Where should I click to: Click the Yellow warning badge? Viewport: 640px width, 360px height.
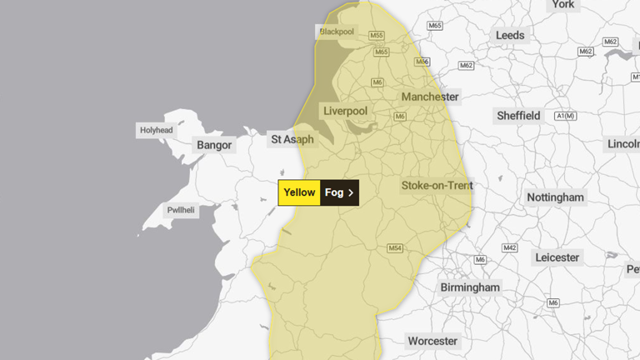pos(299,192)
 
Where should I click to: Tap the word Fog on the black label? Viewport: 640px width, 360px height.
pos(333,192)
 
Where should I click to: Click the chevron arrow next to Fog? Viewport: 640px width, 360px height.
pos(351,192)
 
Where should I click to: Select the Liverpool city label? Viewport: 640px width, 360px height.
pos(344,111)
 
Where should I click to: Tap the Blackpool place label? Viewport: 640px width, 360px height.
pos(336,32)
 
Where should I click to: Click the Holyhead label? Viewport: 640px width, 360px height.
pos(157,130)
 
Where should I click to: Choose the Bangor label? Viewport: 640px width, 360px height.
pos(214,145)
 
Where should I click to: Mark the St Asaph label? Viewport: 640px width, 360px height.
pos(292,139)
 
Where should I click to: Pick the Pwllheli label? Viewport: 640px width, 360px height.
pos(180,211)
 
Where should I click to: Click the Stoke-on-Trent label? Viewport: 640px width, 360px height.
pos(437,185)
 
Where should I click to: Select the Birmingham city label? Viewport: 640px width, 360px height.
pos(471,287)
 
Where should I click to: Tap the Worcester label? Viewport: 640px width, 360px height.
pos(432,341)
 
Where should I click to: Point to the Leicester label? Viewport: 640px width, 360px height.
pos(557,257)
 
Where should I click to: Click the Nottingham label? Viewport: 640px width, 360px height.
pos(555,197)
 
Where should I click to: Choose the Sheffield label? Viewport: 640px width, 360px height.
pos(517,115)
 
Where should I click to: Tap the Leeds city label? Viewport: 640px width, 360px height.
pos(510,35)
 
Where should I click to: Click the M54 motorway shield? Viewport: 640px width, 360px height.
pos(395,247)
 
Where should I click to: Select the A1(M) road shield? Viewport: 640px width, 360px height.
pos(564,116)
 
